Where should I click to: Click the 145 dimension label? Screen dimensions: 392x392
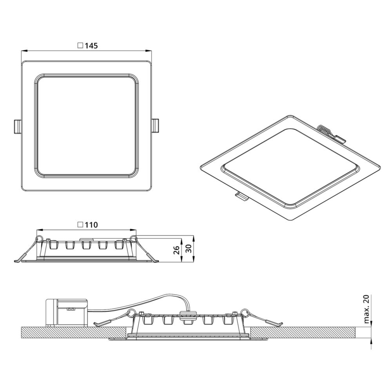point(91,46)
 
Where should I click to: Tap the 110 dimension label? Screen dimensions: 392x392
point(91,225)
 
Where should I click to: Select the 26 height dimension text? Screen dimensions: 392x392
point(177,250)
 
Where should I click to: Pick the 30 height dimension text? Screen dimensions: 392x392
point(189,249)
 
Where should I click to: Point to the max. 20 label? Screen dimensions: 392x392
point(366,309)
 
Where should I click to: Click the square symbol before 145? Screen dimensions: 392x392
point(80,45)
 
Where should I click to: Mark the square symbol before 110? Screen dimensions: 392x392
point(80,225)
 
